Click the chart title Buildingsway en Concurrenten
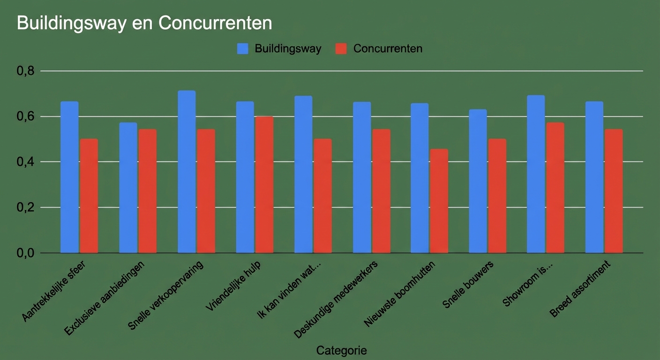pos(144,23)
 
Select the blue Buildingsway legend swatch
pos(242,49)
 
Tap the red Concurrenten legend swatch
pos(341,49)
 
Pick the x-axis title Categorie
pos(341,350)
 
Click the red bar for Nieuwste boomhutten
pos(439,201)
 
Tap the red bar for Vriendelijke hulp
pos(264,185)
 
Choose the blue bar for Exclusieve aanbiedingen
pos(128,188)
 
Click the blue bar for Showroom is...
pos(536,174)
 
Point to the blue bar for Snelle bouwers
pos(478,181)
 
